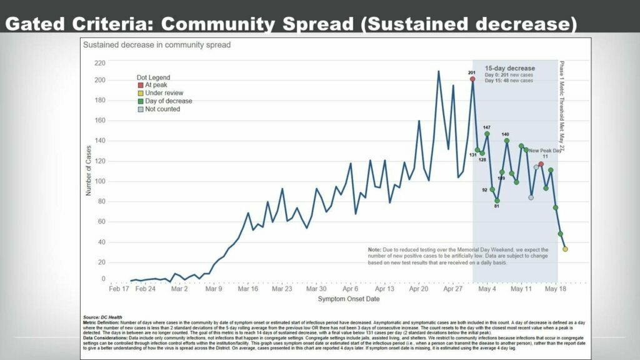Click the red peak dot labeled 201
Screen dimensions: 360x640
point(472,79)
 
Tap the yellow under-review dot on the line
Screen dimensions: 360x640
point(565,249)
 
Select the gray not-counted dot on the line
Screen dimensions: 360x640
point(531,197)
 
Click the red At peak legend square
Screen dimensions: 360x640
point(140,85)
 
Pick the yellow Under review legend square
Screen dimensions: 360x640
point(140,93)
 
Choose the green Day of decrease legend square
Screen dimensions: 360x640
point(140,101)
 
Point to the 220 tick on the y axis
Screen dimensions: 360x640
point(99,62)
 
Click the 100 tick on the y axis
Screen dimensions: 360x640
point(99,182)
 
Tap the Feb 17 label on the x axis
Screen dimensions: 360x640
point(119,289)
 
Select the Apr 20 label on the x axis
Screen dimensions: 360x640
point(419,289)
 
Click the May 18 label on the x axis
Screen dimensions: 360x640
point(555,289)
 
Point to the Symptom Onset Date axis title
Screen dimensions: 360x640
point(348,299)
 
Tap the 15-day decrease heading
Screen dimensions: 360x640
point(510,68)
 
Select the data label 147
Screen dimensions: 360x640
point(487,127)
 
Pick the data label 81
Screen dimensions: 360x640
point(497,206)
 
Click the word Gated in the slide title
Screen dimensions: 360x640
point(33,25)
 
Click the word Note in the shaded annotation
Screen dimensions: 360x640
point(374,249)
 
